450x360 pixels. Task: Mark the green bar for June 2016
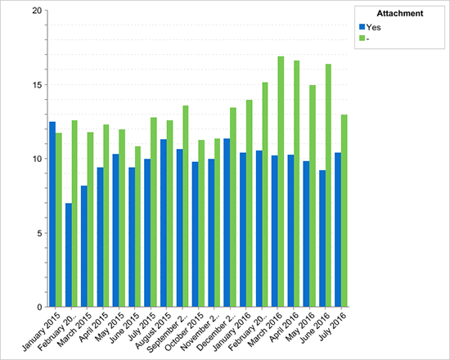click(x=327, y=185)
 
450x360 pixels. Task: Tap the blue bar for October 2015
click(x=195, y=234)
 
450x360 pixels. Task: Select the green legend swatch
click(x=362, y=38)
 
